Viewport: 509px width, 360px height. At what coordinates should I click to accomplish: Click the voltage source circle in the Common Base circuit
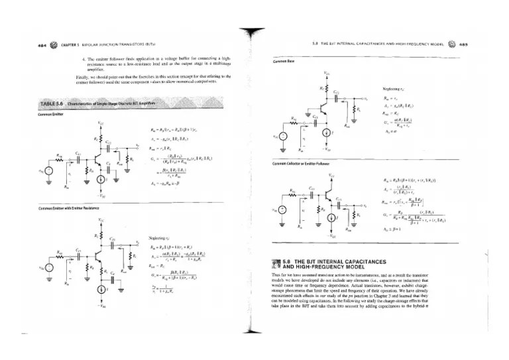tap(282, 138)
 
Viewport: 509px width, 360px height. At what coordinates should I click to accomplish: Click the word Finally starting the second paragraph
tap(82, 77)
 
